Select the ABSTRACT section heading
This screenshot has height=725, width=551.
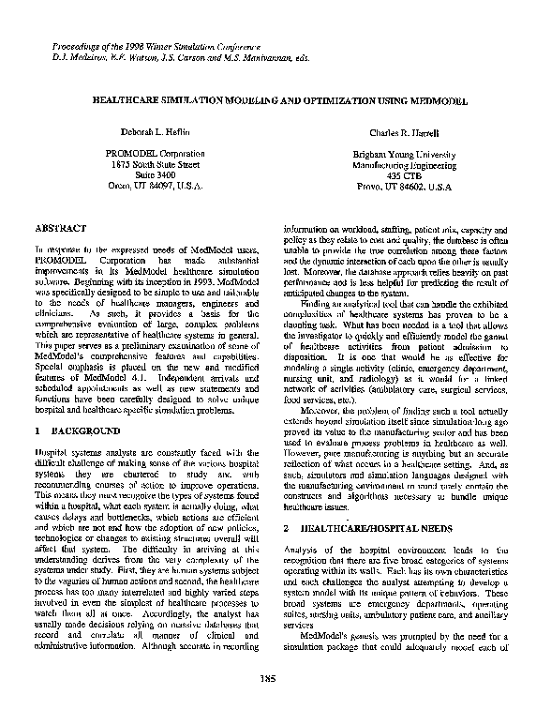(x=61, y=228)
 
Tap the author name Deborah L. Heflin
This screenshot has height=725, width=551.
(x=156, y=134)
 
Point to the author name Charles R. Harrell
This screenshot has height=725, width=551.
(x=392, y=134)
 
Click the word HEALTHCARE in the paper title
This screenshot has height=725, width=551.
(x=132, y=98)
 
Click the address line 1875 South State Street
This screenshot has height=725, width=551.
(x=156, y=164)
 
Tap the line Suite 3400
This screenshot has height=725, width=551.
(x=156, y=174)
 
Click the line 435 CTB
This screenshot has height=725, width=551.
(x=393, y=174)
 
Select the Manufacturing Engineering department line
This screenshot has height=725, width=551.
(x=393, y=164)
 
